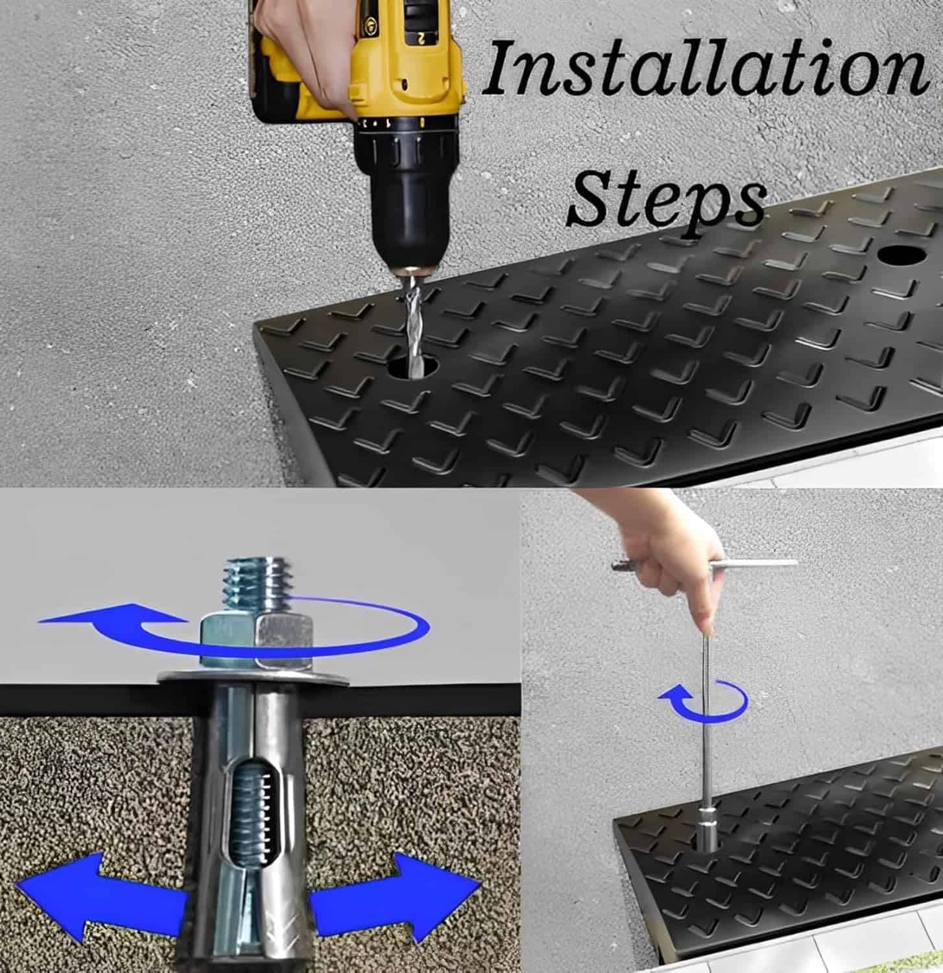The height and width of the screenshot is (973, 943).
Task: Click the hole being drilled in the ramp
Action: pos(411,367)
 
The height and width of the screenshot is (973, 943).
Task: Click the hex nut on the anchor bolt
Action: pos(256,642)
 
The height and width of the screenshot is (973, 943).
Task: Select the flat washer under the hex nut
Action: pos(254,677)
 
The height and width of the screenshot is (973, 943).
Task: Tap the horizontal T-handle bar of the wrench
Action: pos(704,565)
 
